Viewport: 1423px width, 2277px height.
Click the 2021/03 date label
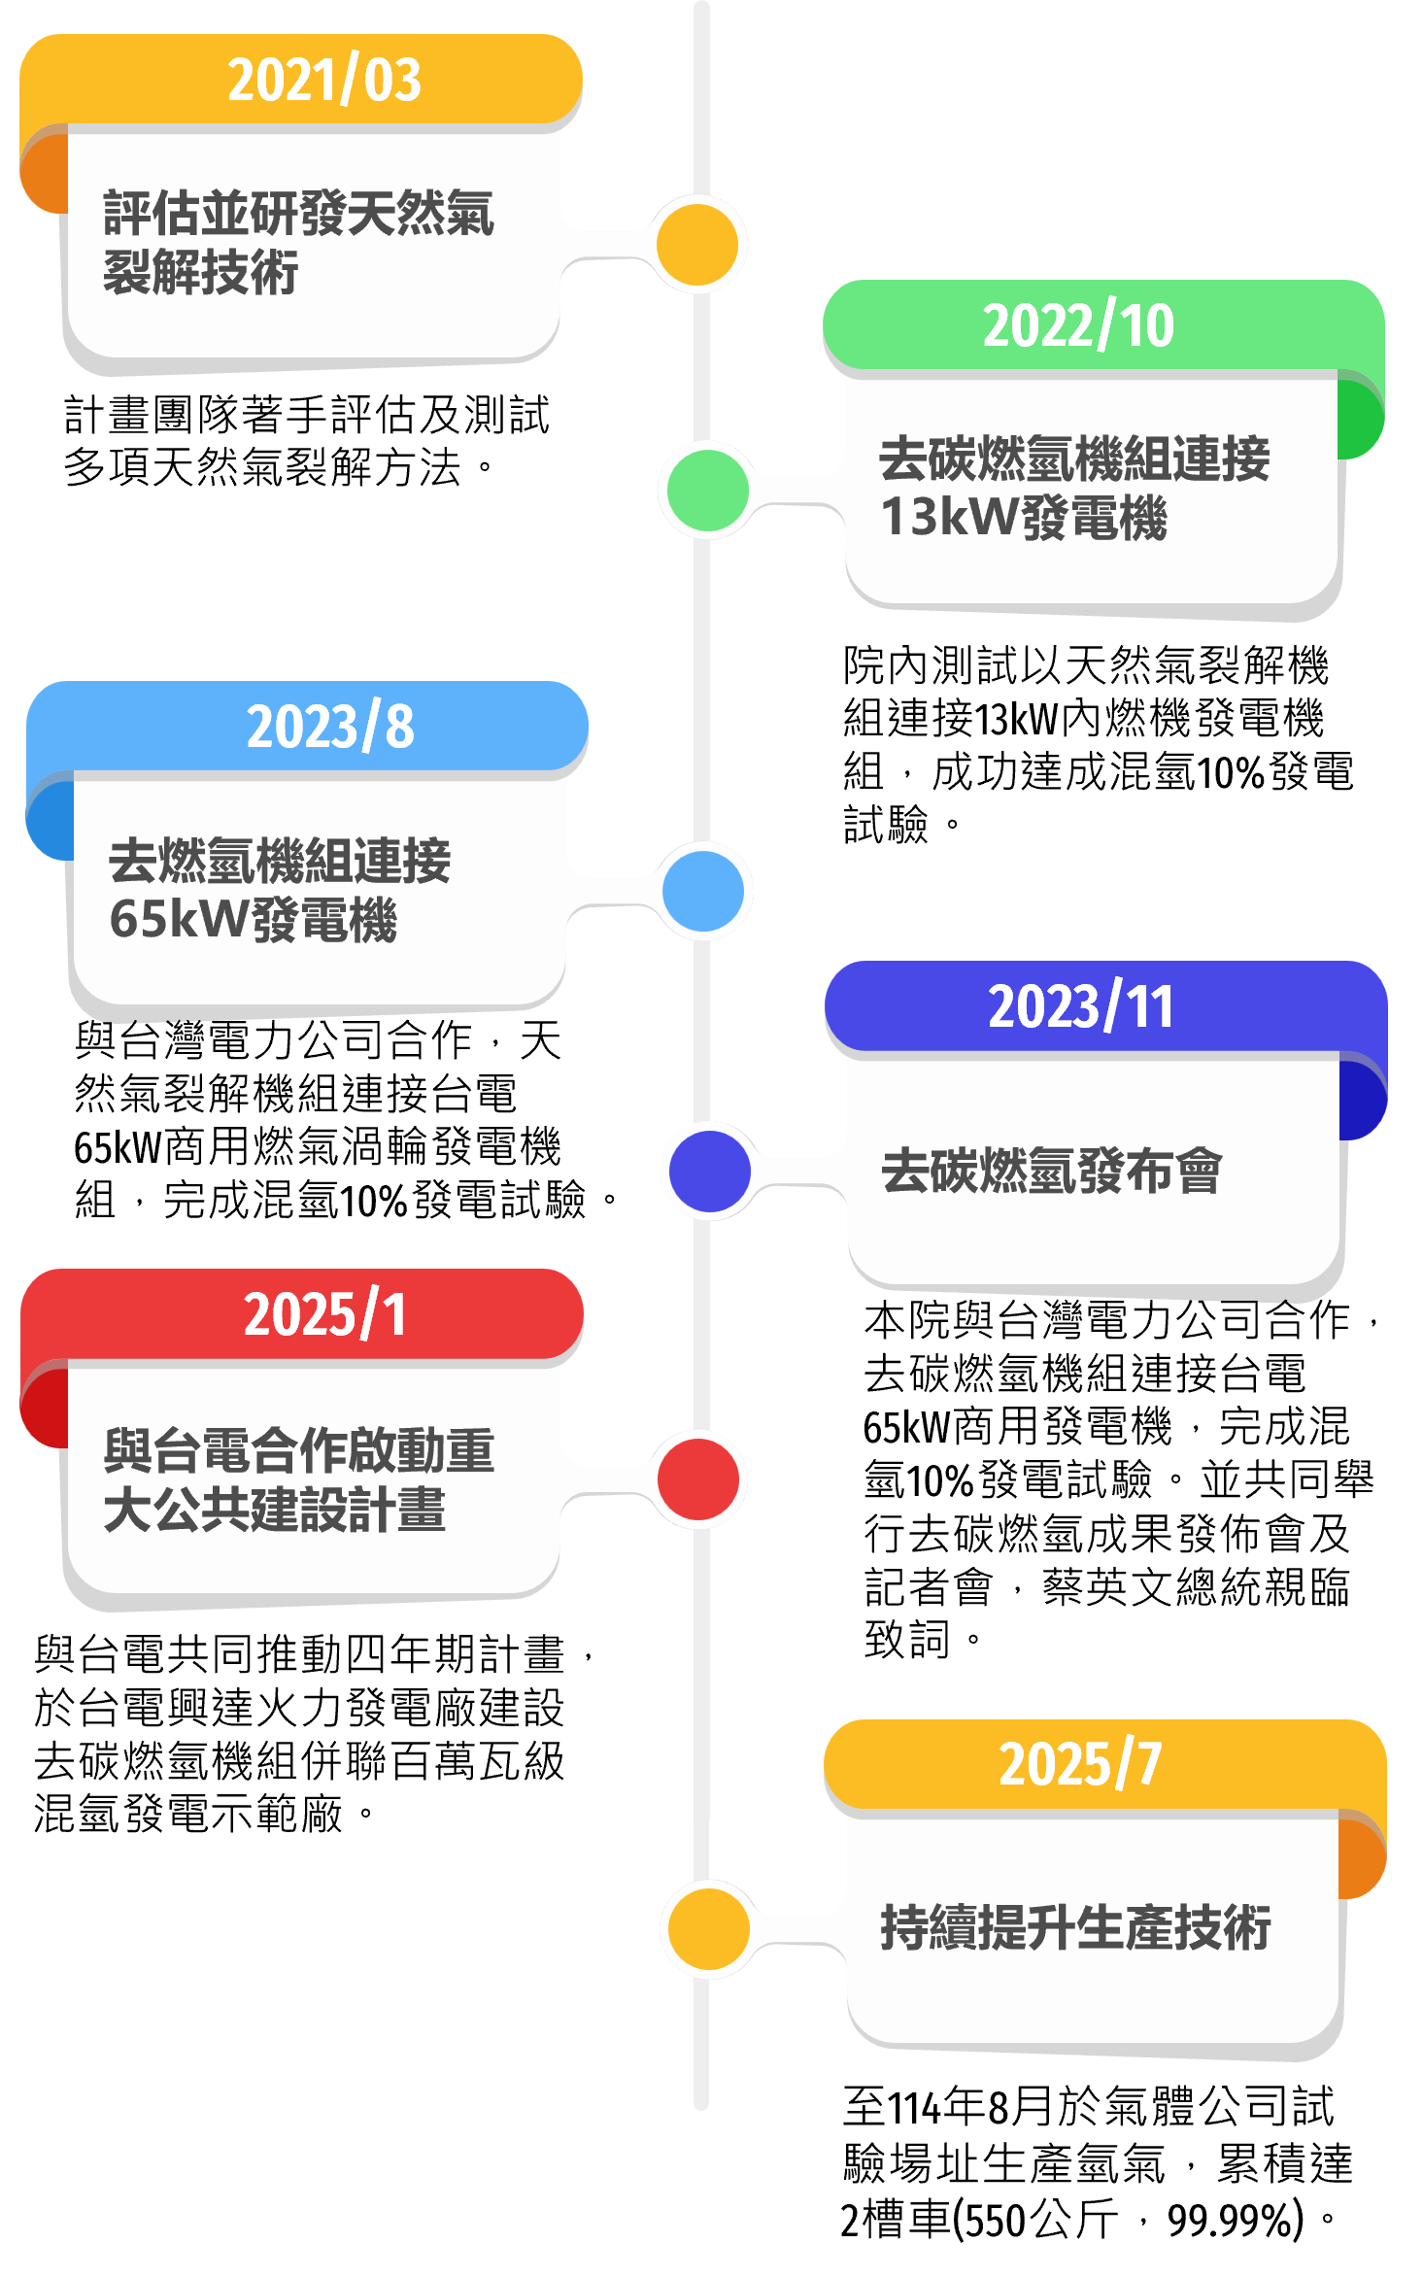pyautogui.click(x=324, y=80)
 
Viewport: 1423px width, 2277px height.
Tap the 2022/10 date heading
pyautogui.click(x=1078, y=325)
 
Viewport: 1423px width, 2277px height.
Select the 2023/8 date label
pyautogui.click(x=330, y=727)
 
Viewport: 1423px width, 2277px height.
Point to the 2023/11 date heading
pyautogui.click(x=1081, y=1006)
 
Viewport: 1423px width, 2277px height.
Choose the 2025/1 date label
pyautogui.click(x=324, y=1314)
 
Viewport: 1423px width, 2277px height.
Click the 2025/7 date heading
pyautogui.click(x=1080, y=1764)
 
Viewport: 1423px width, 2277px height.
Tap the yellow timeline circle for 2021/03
pyautogui.click(x=697, y=245)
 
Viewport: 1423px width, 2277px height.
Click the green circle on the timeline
pyautogui.click(x=708, y=491)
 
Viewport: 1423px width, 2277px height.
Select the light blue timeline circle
pyautogui.click(x=703, y=891)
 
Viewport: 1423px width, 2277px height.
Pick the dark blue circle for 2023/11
pyautogui.click(x=710, y=1171)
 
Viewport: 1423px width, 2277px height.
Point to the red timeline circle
pyautogui.click(x=698, y=1479)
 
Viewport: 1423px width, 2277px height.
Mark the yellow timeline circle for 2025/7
pyautogui.click(x=710, y=1928)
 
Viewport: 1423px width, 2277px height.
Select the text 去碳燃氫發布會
pyautogui.click(x=1051, y=1171)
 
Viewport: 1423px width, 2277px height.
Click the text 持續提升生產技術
pyautogui.click(x=1075, y=1928)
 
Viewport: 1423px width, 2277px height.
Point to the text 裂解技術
pyautogui.click(x=200, y=273)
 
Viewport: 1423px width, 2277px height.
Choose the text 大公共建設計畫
pyautogui.click(x=274, y=1511)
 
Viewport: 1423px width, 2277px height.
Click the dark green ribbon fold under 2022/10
pyautogui.click(x=1361, y=420)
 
